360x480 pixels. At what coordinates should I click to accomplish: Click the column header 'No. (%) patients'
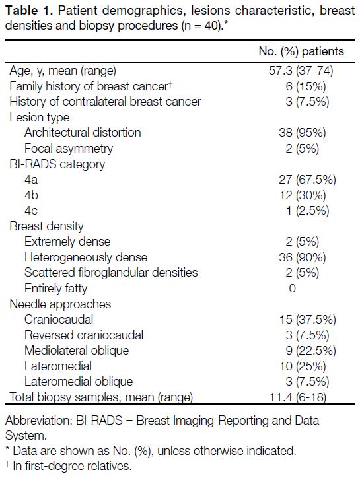(301, 51)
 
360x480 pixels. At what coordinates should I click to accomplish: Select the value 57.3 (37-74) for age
(301, 71)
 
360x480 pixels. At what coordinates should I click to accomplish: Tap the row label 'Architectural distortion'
(83, 133)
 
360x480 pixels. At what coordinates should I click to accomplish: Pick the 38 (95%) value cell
(302, 133)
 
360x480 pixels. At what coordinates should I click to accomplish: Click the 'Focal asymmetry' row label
(69, 149)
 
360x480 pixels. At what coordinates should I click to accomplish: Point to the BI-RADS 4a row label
(31, 180)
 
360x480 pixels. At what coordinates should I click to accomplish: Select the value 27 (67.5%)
(307, 180)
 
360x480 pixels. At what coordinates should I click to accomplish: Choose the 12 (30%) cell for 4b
(303, 195)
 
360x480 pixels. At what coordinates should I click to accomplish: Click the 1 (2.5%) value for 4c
(308, 211)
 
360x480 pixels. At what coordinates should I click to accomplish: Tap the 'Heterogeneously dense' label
(86, 257)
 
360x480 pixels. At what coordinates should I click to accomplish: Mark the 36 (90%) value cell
(302, 257)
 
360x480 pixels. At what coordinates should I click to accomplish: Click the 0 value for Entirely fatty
(292, 289)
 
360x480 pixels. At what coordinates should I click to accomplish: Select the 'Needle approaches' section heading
(60, 304)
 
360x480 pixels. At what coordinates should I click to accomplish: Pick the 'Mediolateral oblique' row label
(77, 351)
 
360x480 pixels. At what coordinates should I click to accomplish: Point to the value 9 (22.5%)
(310, 351)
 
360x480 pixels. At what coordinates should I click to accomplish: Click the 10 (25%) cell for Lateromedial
(303, 366)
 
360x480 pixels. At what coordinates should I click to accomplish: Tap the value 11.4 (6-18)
(298, 397)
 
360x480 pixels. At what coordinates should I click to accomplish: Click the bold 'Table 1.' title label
(30, 11)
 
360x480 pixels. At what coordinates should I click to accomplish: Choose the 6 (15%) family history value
(305, 86)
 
